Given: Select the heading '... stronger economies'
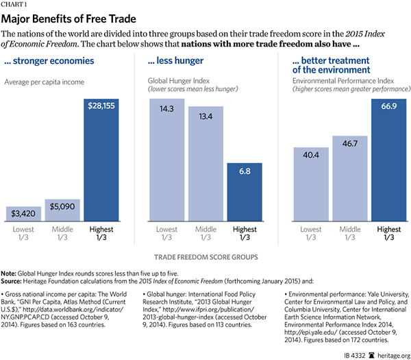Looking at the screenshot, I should click(55, 61).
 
